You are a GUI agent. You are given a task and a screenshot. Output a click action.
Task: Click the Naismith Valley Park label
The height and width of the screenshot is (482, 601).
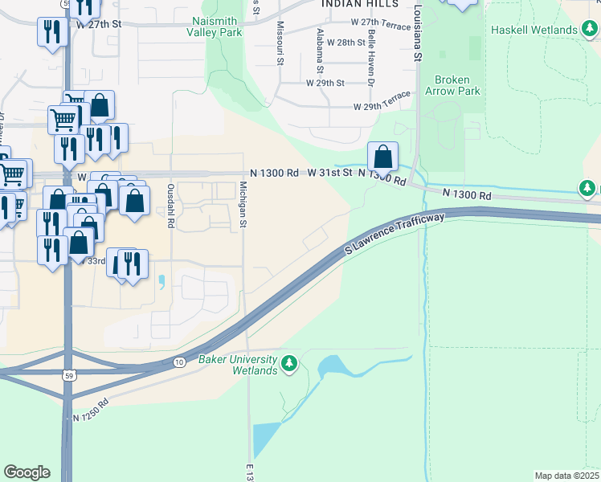coord(218,27)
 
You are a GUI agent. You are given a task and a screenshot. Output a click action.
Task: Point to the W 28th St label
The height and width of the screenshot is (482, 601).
coord(345,42)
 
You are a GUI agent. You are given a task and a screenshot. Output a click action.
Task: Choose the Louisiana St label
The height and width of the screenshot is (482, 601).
coord(418,32)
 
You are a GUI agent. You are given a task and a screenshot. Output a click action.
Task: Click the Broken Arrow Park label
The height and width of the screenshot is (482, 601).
coord(457,85)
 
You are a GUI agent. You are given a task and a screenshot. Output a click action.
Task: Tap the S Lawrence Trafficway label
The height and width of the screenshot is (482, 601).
coord(395,234)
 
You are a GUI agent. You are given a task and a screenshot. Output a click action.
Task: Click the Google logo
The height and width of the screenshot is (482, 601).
coord(27,472)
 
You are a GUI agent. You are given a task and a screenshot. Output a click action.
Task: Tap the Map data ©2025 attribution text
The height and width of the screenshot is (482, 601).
coord(566,476)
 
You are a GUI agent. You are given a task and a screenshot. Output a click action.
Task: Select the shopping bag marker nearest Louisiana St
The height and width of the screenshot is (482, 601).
coord(383,157)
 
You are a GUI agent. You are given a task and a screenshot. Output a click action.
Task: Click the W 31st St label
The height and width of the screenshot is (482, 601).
coord(331,173)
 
